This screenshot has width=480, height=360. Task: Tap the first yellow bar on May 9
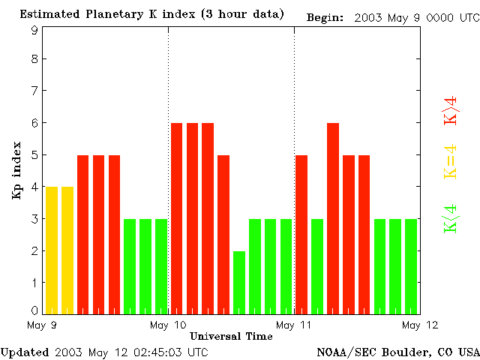[52, 250]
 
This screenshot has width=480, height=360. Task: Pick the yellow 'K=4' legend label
[451, 162]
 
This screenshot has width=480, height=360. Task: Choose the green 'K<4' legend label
[451, 219]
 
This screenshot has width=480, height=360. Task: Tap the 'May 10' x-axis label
[168, 325]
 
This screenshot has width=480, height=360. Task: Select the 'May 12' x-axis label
[420, 325]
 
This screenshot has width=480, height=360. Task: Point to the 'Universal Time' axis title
[231, 336]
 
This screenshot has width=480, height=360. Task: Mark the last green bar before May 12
[411, 266]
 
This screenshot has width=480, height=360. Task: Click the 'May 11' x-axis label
[294, 325]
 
